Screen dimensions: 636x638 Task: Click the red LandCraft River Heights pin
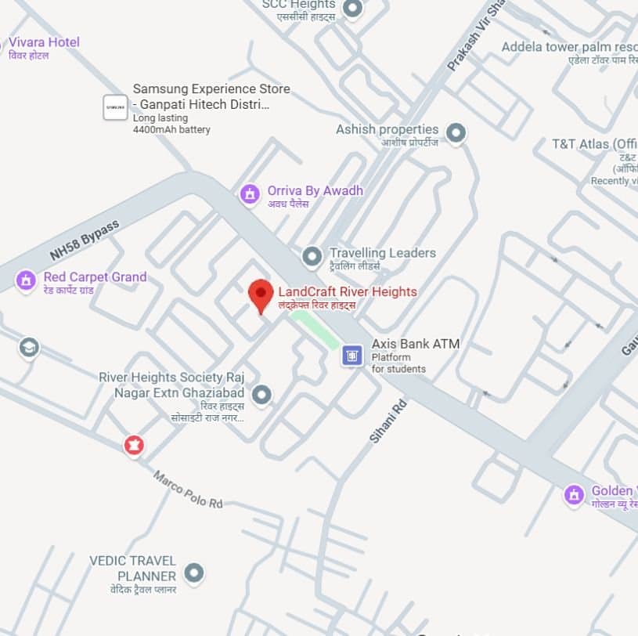(x=261, y=295)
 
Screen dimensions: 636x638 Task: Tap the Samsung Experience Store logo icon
(x=115, y=107)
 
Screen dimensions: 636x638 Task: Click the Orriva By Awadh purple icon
(x=250, y=193)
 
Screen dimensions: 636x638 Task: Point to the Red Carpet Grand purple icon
(x=26, y=280)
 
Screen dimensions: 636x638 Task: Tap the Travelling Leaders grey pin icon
(x=312, y=256)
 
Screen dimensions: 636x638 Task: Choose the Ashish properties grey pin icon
(x=456, y=132)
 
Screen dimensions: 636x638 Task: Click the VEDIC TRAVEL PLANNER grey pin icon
(x=193, y=573)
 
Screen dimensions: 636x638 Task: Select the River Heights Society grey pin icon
(x=261, y=395)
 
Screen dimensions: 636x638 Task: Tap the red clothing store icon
(x=135, y=446)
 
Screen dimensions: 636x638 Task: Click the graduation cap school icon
(x=29, y=347)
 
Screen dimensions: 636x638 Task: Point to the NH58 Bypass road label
(x=84, y=240)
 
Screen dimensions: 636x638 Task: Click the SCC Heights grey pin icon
(x=353, y=9)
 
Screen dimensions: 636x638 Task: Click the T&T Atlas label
(x=594, y=144)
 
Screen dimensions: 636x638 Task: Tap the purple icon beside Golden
(x=574, y=495)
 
